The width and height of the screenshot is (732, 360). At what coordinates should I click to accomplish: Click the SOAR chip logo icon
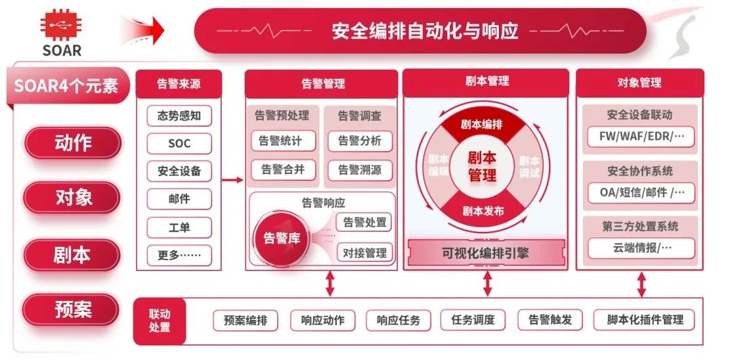point(61,27)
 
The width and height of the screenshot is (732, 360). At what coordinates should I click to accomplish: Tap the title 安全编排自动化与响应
point(425,31)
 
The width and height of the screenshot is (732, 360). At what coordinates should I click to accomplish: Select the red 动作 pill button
point(73,143)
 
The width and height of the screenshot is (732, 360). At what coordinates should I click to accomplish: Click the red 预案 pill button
point(73,310)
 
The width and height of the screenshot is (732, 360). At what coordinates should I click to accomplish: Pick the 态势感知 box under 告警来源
point(179,115)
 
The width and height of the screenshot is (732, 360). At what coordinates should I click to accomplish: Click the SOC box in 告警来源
point(179,143)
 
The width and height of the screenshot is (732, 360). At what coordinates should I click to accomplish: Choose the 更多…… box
point(179,256)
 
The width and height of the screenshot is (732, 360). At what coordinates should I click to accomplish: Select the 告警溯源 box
point(359,169)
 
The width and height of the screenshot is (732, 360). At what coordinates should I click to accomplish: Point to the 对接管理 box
point(365,253)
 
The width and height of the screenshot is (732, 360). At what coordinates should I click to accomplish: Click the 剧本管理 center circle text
point(482,166)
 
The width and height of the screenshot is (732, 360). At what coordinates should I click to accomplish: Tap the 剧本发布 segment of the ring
point(483,211)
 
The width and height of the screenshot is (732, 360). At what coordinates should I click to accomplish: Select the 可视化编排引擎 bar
point(485,254)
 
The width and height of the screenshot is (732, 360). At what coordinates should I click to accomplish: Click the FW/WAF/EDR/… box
point(641,136)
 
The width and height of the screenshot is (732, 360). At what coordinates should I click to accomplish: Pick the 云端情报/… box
point(641,247)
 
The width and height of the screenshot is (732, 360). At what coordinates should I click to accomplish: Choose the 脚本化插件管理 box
point(645,319)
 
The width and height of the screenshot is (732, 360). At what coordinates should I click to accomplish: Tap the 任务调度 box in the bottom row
point(473,319)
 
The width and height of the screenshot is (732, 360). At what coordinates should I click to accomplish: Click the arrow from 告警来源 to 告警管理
point(232,180)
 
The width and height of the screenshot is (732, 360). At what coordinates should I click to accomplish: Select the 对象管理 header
point(639,83)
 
